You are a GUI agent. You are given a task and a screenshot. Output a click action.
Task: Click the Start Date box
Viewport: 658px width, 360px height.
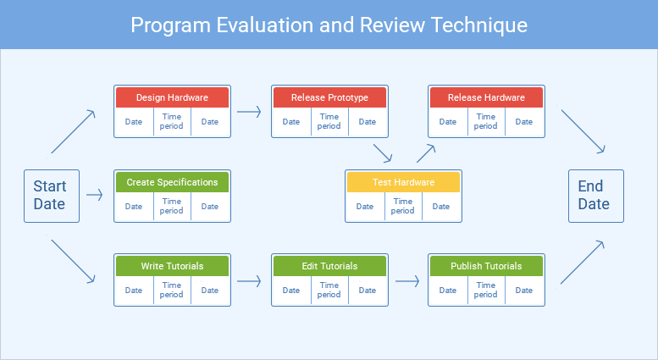(x=51, y=196)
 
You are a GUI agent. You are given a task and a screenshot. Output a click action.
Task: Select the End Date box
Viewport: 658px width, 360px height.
(x=595, y=196)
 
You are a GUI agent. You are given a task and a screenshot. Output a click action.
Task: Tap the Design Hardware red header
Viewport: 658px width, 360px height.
(x=172, y=97)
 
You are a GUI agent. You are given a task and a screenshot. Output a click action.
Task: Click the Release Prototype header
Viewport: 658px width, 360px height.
(x=329, y=97)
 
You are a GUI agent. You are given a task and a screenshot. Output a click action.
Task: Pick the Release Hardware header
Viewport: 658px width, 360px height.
(x=486, y=97)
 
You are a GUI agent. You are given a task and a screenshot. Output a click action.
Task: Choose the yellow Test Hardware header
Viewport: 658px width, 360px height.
(x=403, y=182)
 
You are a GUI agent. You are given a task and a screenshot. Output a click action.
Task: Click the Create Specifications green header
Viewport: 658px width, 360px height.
(x=172, y=182)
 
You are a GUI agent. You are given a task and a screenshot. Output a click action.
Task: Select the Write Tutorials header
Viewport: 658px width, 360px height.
(x=172, y=266)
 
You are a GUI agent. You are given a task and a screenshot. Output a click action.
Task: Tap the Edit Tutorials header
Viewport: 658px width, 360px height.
(x=329, y=266)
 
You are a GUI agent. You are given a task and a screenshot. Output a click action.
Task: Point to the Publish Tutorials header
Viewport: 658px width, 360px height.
(x=486, y=266)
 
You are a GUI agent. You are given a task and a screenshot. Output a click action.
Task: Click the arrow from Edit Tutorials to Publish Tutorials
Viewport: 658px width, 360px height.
(x=408, y=280)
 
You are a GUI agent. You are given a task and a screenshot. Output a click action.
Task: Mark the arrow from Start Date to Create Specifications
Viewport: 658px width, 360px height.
(x=95, y=196)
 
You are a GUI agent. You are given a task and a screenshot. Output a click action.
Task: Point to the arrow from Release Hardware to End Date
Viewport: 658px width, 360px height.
(x=583, y=131)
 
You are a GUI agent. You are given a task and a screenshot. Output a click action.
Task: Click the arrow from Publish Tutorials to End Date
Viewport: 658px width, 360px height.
(x=583, y=261)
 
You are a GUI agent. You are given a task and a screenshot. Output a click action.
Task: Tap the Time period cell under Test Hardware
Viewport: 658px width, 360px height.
(x=403, y=206)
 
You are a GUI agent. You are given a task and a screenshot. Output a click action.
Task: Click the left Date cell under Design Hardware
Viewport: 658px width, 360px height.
(x=134, y=122)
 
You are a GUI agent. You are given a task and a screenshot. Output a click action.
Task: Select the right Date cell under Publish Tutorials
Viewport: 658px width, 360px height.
(x=524, y=291)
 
